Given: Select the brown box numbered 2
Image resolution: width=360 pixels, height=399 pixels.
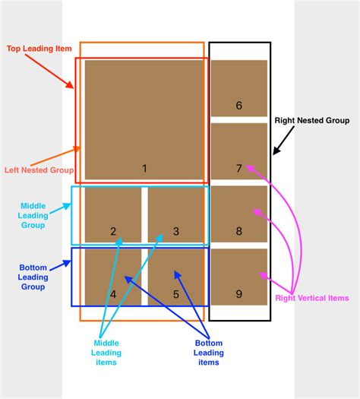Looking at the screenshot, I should pos(113,216).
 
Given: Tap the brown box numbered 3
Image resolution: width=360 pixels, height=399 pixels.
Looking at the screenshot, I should pos(176,216).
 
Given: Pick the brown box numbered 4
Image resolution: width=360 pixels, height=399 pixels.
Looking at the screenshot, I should pos(113,277).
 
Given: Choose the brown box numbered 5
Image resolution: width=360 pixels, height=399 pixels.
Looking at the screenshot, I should pos(176,277).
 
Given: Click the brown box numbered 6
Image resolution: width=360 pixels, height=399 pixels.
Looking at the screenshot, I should pos(238,87).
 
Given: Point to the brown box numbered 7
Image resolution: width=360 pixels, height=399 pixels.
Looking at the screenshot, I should pos(238,151).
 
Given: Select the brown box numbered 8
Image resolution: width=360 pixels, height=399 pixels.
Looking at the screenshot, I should pos(238,214).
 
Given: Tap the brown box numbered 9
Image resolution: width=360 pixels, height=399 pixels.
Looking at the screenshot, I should pos(238,277).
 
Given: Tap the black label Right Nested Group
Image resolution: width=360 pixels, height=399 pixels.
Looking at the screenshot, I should pos(311,120).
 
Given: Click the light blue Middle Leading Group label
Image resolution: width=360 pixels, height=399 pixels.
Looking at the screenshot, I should pos(33,214).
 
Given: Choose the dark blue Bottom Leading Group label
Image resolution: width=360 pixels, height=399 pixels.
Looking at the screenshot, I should pos(33,277).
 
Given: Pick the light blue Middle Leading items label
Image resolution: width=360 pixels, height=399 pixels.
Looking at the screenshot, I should pos(106,352).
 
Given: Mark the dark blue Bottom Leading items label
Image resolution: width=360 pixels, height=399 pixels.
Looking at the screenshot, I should pos(208,352).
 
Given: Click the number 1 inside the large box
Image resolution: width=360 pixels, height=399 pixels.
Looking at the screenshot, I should pos(144,168).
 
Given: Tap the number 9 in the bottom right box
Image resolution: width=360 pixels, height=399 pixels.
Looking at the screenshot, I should pos(238,293).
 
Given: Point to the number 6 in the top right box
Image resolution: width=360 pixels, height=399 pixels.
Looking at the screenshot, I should pos(238,106).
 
